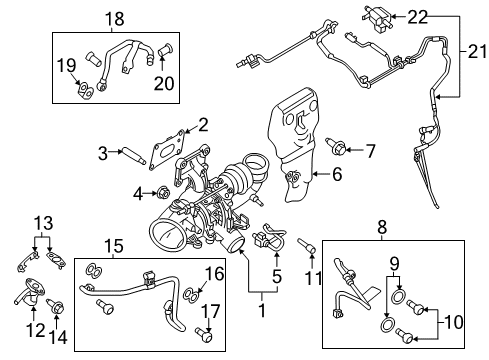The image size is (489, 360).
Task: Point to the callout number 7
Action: click(x=370, y=151)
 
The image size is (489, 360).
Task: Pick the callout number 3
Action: click(x=102, y=153)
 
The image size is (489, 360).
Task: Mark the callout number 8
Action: click(x=381, y=227)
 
